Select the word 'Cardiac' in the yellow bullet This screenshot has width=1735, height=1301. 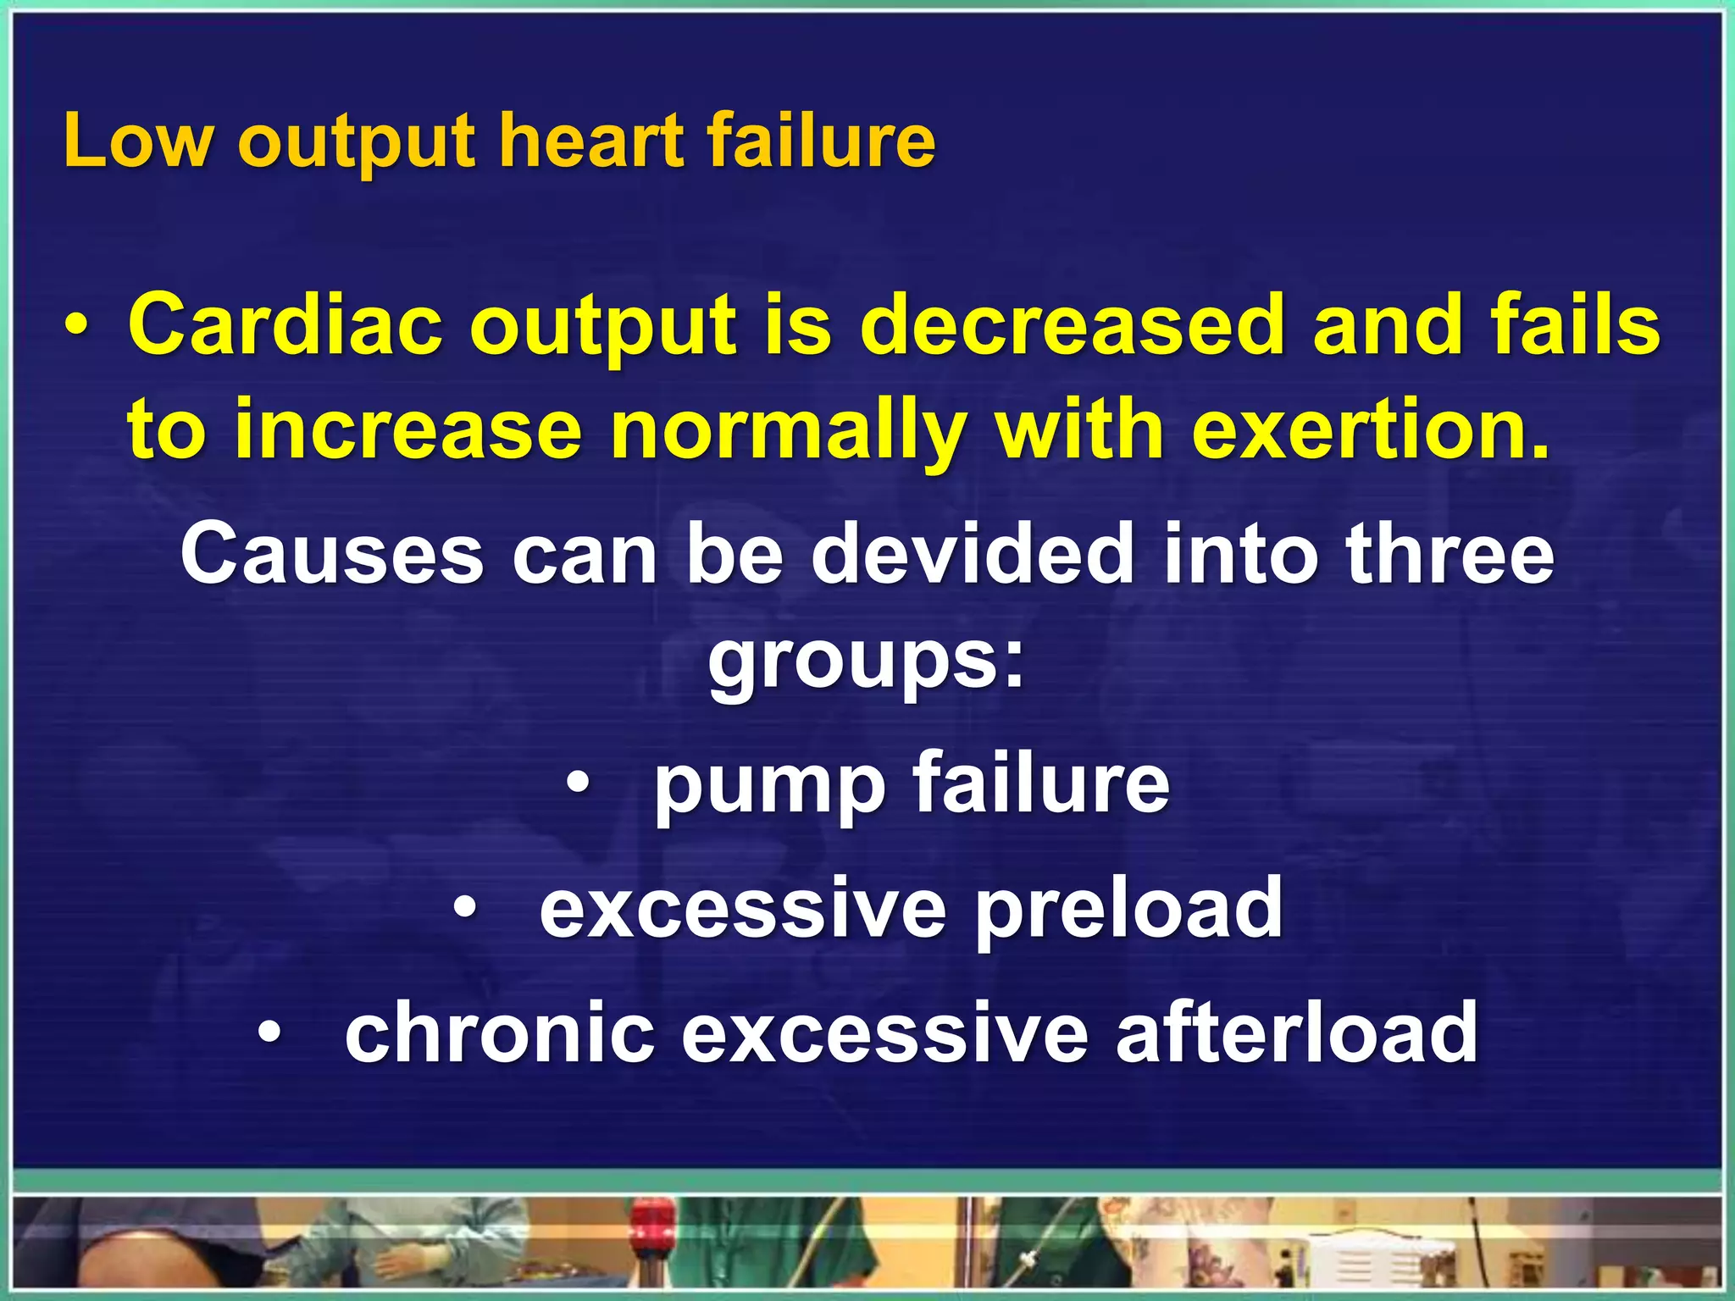pos(284,325)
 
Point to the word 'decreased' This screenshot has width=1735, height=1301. pos(1072,325)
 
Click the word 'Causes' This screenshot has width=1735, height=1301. pos(331,554)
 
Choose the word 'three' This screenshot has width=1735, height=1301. pos(1450,554)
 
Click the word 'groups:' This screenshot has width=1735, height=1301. pos(867,662)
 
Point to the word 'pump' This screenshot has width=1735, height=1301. pos(769,784)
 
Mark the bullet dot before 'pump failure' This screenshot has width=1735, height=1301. pos(578,784)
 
